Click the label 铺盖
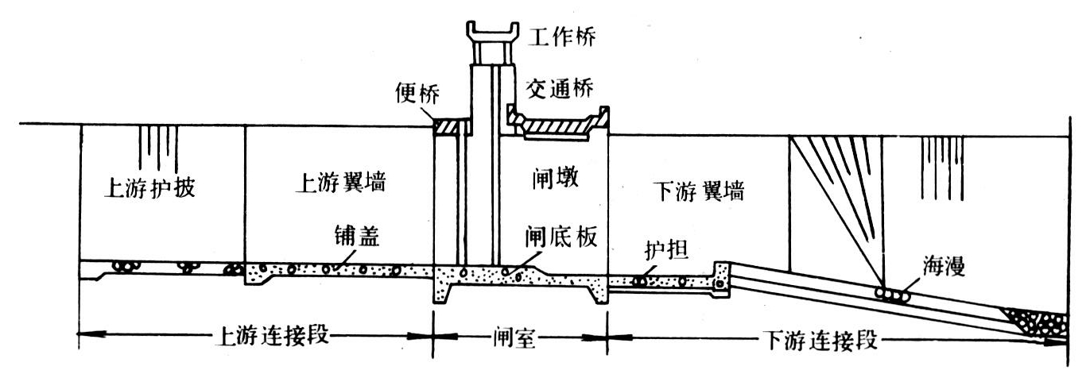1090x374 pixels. click(x=355, y=239)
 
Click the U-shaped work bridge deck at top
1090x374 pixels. click(x=491, y=33)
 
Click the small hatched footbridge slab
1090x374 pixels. click(x=452, y=125)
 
